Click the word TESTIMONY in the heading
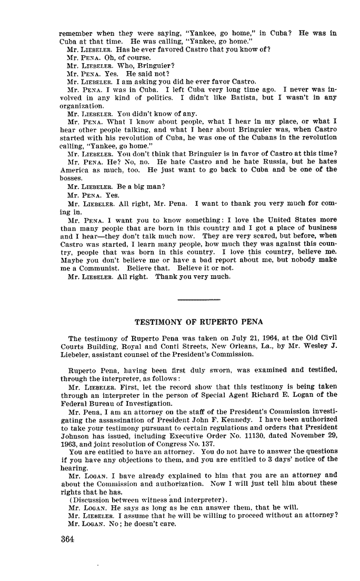click(158, 322)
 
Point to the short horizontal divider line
click(199, 300)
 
